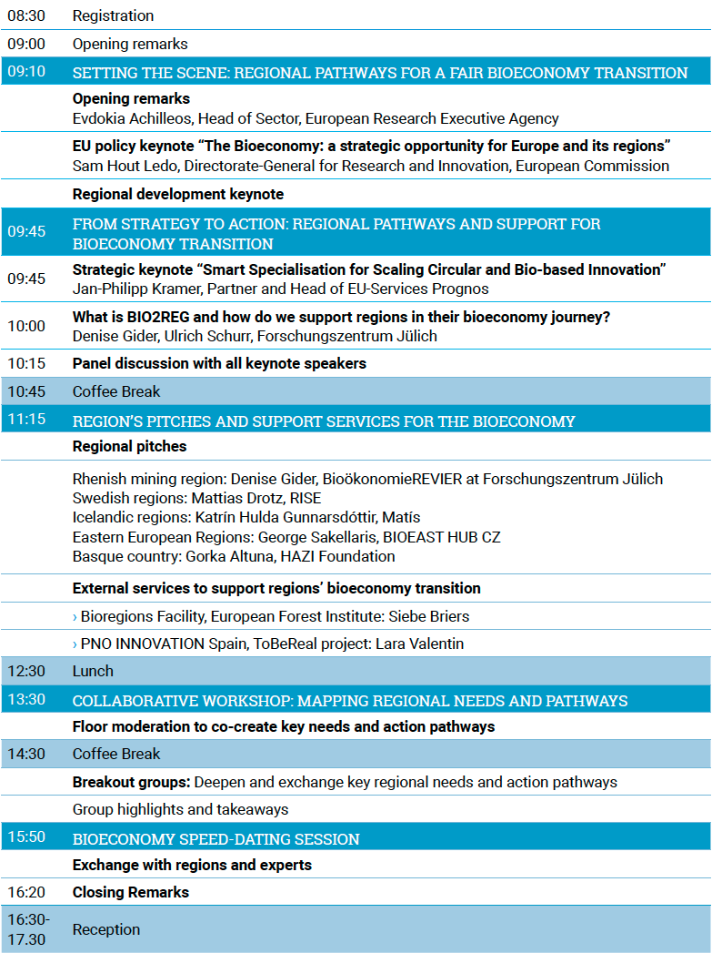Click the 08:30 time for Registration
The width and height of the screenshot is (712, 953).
(26, 15)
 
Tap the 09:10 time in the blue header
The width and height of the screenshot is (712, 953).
(26, 71)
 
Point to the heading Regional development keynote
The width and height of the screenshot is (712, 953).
(178, 194)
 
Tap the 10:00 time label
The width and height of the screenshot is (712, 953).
(26, 326)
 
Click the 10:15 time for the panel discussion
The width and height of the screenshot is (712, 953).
(26, 363)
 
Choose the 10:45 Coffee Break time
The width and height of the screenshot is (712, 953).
(26, 391)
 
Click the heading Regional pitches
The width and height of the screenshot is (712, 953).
(129, 446)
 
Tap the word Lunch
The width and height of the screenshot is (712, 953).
(93, 671)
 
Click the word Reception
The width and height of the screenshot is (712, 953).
(106, 929)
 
